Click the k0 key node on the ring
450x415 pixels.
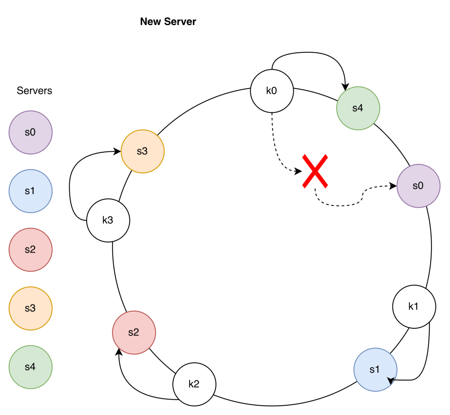click(272, 92)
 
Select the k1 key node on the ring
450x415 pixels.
click(414, 306)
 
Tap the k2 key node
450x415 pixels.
click(194, 383)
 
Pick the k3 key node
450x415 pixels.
click(108, 220)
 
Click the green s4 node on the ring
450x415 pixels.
click(358, 108)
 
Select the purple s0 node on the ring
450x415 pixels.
click(418, 186)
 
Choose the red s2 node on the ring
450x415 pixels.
click(134, 332)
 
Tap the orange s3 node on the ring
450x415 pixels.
click(142, 151)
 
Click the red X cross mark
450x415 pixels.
click(315, 171)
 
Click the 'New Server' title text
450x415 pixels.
click(168, 22)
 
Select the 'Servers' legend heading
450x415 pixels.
click(34, 91)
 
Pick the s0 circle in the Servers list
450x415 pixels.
click(30, 132)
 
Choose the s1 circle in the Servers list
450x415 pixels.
click(30, 191)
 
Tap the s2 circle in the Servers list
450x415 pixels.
click(30, 250)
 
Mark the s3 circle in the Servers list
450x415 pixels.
click(30, 308)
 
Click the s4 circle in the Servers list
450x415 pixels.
click(30, 367)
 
